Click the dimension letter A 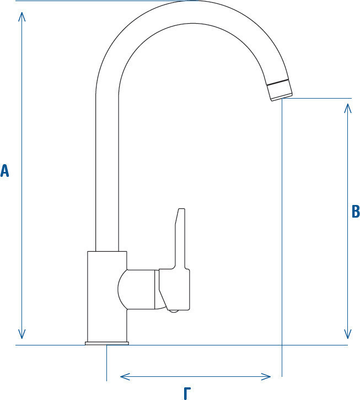[4, 171]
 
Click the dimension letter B [356, 211]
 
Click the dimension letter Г [187, 393]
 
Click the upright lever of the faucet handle [180, 239]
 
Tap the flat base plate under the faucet [107, 343]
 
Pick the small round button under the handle [174, 311]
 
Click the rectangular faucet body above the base [107, 296]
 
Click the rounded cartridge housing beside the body [137, 289]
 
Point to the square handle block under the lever [174, 289]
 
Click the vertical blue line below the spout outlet [282, 237]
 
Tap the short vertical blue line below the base [106, 363]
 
